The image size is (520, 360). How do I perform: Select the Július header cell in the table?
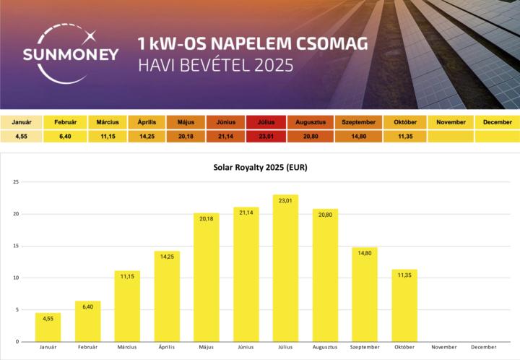coord(265,122)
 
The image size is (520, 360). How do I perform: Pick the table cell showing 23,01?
coord(265,135)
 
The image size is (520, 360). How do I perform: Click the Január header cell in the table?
coord(22,122)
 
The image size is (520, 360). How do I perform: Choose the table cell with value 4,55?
coord(22,135)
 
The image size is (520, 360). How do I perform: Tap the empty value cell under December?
coord(498,135)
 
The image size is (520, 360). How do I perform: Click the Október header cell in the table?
coord(404,122)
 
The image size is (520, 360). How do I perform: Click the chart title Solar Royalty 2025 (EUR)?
coord(259,168)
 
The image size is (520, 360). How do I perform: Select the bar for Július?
coord(285,267)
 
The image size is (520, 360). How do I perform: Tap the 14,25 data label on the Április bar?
coord(166,257)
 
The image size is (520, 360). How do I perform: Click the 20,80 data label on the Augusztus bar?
coord(325,215)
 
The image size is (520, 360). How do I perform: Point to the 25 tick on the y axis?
coord(15,181)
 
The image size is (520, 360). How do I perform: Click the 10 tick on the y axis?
coord(15,278)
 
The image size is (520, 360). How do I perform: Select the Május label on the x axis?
coord(206,348)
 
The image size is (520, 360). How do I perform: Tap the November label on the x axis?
coord(444,348)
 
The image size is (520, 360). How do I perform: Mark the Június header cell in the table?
coord(226,122)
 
